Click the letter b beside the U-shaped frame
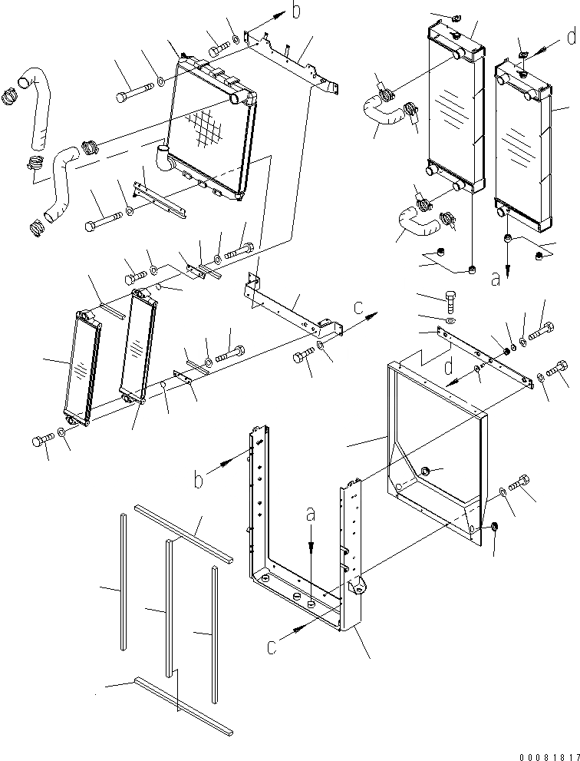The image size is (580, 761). click(x=199, y=480)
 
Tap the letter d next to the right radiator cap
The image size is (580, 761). click(x=570, y=36)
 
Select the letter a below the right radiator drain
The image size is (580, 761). click(x=495, y=280)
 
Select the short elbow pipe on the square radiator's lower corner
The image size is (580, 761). click(x=163, y=159)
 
